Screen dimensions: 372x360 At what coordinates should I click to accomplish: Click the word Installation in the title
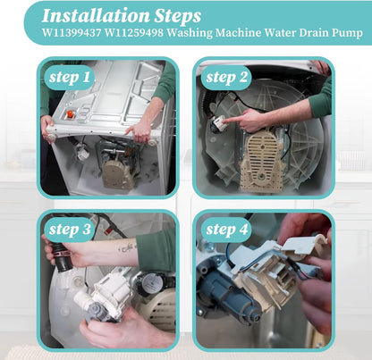(x=96, y=16)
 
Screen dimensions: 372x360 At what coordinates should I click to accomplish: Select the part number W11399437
(x=72, y=32)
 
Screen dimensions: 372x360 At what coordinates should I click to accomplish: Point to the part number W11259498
(x=134, y=32)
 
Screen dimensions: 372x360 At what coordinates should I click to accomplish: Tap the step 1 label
(x=69, y=78)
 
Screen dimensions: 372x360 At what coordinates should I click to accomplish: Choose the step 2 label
(x=226, y=78)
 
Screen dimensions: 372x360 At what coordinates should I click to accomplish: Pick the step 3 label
(x=70, y=230)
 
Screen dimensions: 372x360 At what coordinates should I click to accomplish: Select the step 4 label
(x=227, y=230)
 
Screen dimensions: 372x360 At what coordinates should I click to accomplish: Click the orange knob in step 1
(x=70, y=114)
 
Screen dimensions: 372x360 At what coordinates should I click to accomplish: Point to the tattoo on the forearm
(x=126, y=247)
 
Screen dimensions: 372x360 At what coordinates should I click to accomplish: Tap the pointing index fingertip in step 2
(x=225, y=121)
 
